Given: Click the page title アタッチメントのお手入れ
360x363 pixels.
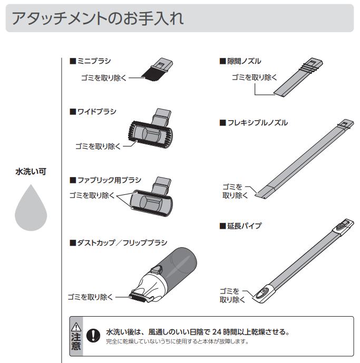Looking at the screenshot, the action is click(x=98, y=18).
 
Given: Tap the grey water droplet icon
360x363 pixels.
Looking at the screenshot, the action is click(x=31, y=208).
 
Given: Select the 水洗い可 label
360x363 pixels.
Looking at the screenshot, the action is click(x=31, y=172).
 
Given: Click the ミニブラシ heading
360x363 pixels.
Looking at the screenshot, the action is click(x=90, y=61).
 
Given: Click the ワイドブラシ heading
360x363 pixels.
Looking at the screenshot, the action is click(x=93, y=112).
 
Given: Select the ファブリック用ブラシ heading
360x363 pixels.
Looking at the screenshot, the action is click(x=105, y=180).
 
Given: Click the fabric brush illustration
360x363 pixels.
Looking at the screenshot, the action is click(x=151, y=197).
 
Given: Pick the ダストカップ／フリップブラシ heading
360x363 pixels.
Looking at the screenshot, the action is click(x=119, y=243).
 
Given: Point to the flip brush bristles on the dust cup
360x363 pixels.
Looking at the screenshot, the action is click(x=139, y=298).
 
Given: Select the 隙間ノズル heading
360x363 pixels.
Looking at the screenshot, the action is click(x=240, y=61).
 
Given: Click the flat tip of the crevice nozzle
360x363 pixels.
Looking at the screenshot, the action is click(x=280, y=94).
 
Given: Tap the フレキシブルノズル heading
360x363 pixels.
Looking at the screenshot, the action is click(x=254, y=123).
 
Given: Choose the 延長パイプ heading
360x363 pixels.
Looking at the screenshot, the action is click(x=241, y=225).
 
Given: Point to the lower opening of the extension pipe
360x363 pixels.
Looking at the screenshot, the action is click(x=261, y=295).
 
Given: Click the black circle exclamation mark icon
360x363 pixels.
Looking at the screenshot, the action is click(x=93, y=335).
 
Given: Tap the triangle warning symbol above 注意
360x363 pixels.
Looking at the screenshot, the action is click(x=76, y=327).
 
